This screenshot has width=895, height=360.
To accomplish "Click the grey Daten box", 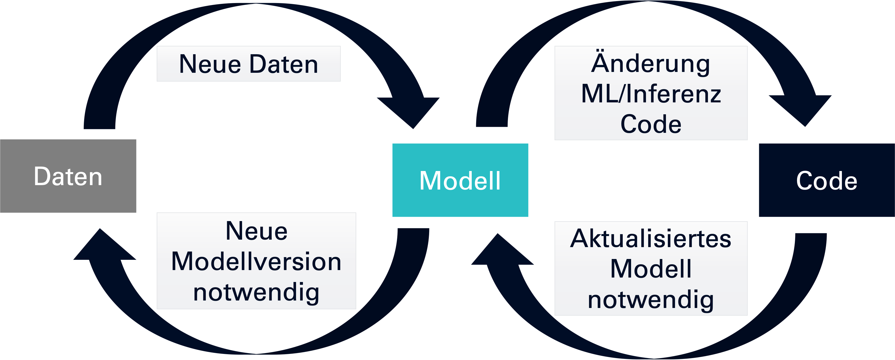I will click(x=68, y=176).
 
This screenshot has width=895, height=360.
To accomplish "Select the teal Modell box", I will click(x=460, y=180).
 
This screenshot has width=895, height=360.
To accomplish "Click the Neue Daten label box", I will click(x=248, y=64).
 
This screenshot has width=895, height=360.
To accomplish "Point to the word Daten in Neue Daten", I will click(x=284, y=64).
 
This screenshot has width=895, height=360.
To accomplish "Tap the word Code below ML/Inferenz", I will click(x=651, y=124).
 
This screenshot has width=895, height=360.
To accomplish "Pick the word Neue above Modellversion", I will click(x=256, y=231).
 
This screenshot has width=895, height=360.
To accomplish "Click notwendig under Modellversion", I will click(x=256, y=292).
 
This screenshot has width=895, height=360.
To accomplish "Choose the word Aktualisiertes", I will click(x=651, y=239).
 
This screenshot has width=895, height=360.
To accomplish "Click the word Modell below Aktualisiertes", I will click(x=651, y=269).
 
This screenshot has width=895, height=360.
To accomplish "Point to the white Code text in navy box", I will click(x=827, y=181).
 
